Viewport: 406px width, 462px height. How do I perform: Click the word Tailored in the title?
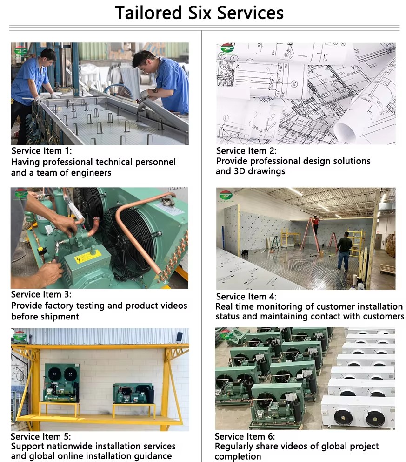point(148,13)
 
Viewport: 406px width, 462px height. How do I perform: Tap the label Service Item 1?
point(41,151)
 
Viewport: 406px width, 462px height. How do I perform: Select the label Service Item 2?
point(246,151)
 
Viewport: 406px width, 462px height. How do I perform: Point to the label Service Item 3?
point(41,294)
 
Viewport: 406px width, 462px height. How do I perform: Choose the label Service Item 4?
point(246,296)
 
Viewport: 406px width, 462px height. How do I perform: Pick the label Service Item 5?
point(41,436)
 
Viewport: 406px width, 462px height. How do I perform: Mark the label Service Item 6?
point(245,436)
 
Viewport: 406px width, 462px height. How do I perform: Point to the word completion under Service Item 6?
point(238,457)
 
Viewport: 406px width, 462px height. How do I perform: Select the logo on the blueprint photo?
point(227,49)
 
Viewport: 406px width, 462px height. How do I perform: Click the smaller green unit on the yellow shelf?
point(133,394)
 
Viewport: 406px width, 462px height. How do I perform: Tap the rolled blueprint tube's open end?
point(345,132)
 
